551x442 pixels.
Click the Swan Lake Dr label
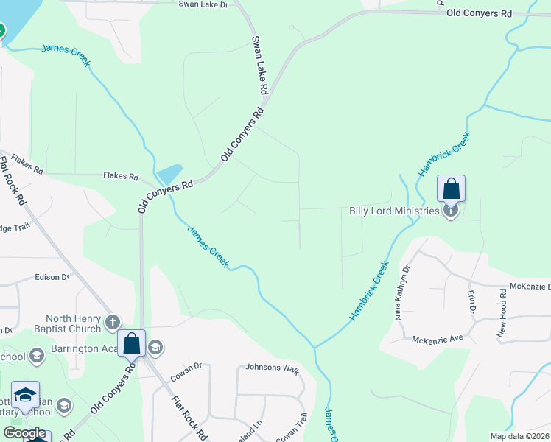point(204,4)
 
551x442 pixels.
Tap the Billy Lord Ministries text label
point(394,211)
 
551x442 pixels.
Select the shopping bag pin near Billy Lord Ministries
point(452,189)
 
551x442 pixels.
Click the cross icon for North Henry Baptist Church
point(113,321)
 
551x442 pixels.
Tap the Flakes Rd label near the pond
point(121,177)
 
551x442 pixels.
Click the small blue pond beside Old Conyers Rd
point(169,174)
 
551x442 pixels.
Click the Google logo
point(24,433)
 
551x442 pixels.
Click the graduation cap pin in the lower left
point(25,396)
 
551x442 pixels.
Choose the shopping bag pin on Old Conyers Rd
point(132,343)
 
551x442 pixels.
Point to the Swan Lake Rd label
point(259,65)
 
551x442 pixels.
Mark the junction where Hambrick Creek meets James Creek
point(315,347)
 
